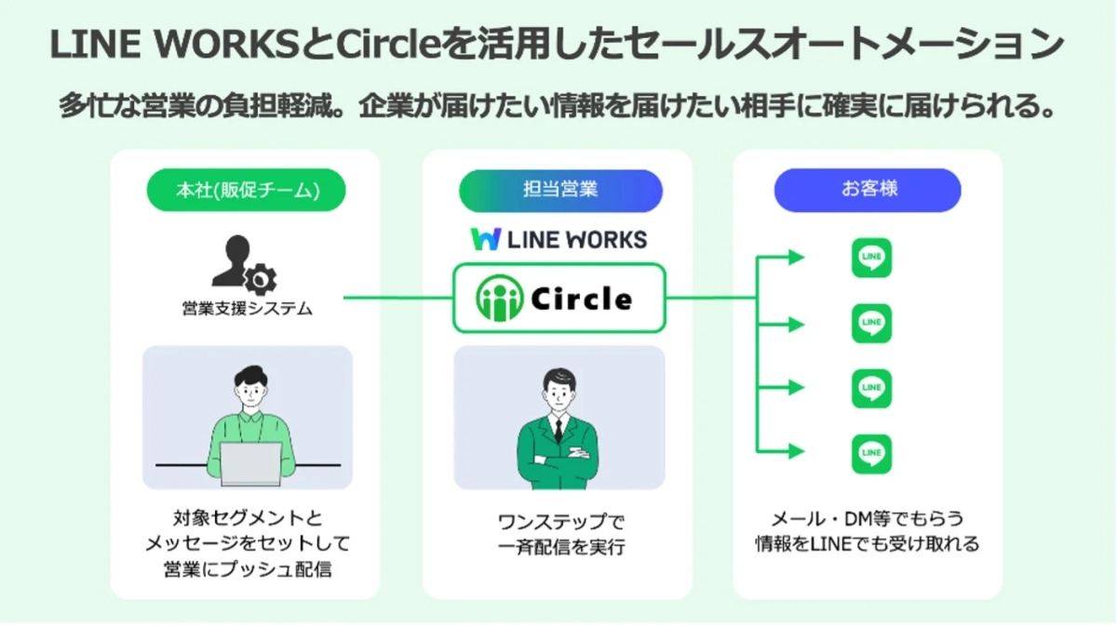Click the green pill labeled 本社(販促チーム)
point(247,190)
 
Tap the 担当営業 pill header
point(560,190)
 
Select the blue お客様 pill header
point(868,190)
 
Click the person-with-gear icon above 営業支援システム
point(245,264)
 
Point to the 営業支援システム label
point(246,308)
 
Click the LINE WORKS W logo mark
point(485,239)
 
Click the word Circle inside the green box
point(582,299)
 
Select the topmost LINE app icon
point(871,258)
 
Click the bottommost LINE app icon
point(871,454)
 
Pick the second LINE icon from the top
point(871,324)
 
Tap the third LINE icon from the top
point(871,389)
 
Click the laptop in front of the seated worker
point(251,463)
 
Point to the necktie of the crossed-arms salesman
point(558,429)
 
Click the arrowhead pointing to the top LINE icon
point(795,258)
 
